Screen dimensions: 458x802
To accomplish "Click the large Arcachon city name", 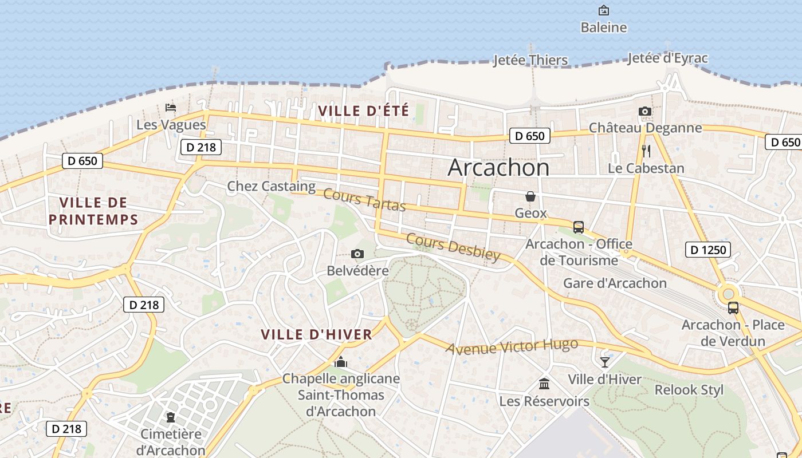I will [x=498, y=167].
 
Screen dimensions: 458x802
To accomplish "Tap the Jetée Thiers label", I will [x=530, y=60].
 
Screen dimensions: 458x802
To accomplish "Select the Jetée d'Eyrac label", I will [x=667, y=58].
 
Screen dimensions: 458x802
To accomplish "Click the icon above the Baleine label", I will [x=603, y=10].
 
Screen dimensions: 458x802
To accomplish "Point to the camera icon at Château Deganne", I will [x=645, y=111].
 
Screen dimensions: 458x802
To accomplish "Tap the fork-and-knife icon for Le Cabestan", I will [x=646, y=151].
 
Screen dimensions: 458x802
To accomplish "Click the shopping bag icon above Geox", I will [x=530, y=196].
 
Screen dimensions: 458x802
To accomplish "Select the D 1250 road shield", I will [x=708, y=250].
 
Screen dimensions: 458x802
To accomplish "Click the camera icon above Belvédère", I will [x=357, y=254].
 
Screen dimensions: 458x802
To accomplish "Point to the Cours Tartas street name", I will [x=364, y=199].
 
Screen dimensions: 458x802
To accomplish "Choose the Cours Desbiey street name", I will [x=454, y=247].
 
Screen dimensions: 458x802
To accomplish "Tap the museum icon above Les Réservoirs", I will [x=544, y=384].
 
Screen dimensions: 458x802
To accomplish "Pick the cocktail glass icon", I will [x=605, y=362].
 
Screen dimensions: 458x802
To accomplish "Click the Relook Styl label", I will [x=689, y=390].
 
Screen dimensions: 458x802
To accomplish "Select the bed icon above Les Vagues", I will [x=170, y=107].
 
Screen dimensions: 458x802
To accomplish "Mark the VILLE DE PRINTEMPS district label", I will [x=93, y=211].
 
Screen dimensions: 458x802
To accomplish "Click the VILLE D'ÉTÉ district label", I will [x=363, y=110].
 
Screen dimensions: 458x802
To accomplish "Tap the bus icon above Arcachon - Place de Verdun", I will [x=733, y=308].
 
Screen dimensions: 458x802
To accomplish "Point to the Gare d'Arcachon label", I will [x=615, y=283].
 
